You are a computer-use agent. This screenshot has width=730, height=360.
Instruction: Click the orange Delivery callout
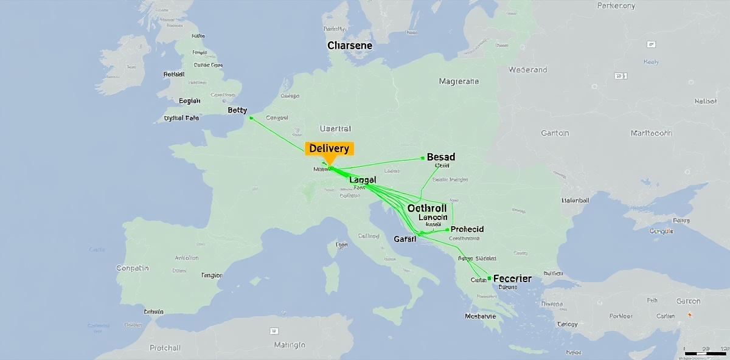[328, 149]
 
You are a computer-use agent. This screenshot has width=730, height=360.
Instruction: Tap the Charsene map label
[350, 46]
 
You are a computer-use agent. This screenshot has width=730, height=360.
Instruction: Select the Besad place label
[441, 157]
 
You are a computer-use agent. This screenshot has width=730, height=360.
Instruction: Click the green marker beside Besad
[422, 158]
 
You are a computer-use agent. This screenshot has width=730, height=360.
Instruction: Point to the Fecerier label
[512, 279]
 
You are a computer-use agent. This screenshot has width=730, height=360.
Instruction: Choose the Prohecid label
[467, 229]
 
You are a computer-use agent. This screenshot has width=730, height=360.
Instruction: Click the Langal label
[363, 180]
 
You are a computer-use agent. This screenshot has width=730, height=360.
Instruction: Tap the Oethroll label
[427, 208]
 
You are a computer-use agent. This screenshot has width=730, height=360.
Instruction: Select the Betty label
[237, 110]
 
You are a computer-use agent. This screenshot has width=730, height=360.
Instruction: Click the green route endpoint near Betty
[251, 118]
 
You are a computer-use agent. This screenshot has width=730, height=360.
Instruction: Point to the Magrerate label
[459, 81]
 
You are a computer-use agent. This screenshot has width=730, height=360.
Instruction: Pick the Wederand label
[527, 70]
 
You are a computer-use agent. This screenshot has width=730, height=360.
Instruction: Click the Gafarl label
[405, 239]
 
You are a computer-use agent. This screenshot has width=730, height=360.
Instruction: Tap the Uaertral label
[335, 129]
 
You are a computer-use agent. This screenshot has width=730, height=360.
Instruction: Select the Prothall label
[165, 348]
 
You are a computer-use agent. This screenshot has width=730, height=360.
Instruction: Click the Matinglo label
[290, 345]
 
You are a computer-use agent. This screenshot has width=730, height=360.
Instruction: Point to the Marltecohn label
[651, 133]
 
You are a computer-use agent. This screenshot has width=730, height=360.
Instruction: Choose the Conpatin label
[132, 268]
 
